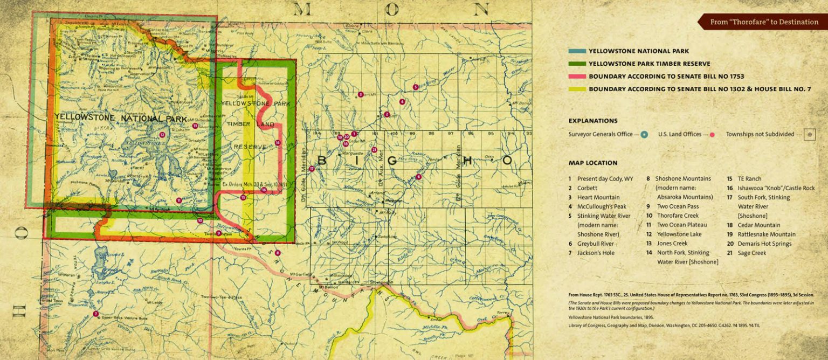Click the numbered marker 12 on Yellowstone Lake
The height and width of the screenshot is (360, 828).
tap(162, 135)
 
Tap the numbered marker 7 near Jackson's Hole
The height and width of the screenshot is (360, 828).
tap(95, 314)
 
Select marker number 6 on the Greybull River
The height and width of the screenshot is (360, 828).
tap(418, 176)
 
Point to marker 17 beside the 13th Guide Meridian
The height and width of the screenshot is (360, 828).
tap(312, 169)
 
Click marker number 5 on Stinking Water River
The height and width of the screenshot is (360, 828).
tap(415, 87)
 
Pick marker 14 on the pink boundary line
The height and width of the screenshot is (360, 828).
tap(277, 143)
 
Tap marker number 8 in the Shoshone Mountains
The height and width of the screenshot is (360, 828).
tap(278, 253)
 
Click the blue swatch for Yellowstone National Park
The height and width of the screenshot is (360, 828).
tap(577, 51)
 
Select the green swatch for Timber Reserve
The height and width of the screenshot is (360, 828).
tap(577, 64)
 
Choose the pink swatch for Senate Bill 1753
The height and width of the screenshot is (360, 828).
tap(577, 77)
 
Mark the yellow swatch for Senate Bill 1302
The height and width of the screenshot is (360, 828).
tap(577, 89)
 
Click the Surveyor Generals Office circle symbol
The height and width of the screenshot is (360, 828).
tap(644, 135)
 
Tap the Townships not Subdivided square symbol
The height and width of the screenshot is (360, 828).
tap(809, 135)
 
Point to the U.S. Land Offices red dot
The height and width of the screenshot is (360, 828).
tap(712, 135)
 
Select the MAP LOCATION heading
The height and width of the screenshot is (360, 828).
tap(593, 163)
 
